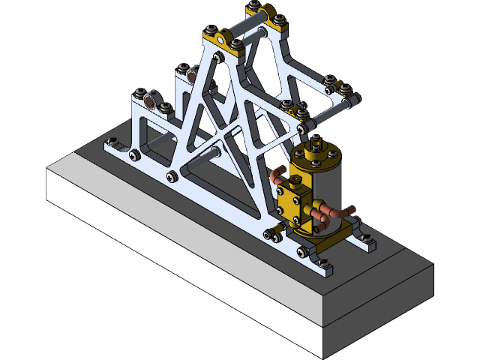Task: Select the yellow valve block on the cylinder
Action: tap(294, 201)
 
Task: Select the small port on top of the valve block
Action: tap(294, 181)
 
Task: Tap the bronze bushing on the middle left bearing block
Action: tap(192, 75)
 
